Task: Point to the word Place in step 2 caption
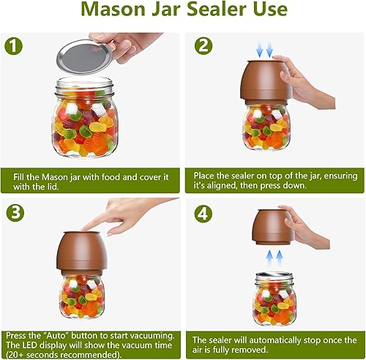(209, 176)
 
